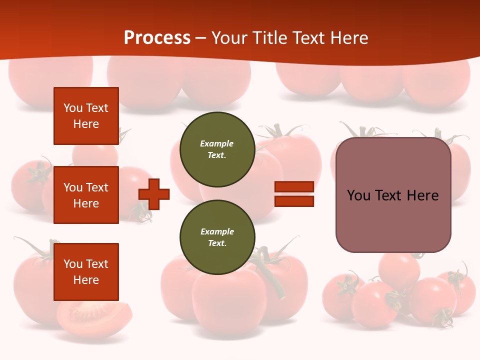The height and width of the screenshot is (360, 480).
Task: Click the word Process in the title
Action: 157,38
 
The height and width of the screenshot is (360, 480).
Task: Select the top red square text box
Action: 86,116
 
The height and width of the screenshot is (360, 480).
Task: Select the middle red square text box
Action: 86,195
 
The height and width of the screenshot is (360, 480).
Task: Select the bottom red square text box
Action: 86,272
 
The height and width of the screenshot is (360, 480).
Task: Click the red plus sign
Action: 154,194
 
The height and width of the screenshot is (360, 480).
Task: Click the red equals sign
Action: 294,194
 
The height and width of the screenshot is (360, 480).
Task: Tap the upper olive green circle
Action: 217,149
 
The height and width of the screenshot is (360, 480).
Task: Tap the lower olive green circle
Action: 217,237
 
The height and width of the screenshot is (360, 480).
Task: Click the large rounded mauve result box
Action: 393,195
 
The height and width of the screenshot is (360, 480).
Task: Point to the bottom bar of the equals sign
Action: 294,201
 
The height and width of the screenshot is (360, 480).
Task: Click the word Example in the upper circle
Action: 217,143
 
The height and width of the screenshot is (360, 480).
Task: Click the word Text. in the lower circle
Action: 217,243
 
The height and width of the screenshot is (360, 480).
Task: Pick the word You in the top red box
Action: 73,108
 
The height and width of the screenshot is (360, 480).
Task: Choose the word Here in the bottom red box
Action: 86,280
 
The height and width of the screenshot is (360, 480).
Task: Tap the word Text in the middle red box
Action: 97,187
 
